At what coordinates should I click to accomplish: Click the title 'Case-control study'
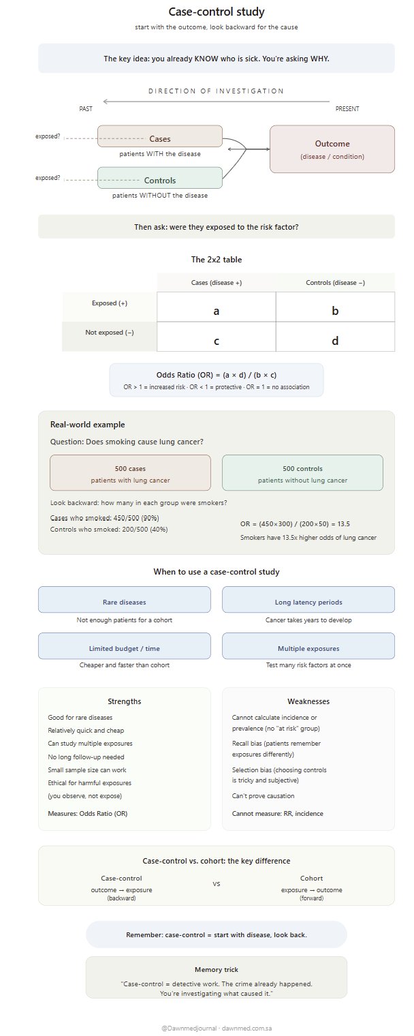[x=216, y=12]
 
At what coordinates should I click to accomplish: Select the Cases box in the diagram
[x=160, y=136]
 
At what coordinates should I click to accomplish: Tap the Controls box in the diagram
[x=160, y=179]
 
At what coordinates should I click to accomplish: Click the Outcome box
[x=332, y=149]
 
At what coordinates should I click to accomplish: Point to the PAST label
[x=86, y=109]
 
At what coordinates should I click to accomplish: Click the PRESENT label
[x=347, y=109]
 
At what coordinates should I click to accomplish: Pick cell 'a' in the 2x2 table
[x=217, y=311]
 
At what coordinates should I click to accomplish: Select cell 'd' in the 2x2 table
[x=335, y=340]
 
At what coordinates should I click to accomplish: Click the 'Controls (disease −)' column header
[x=335, y=282]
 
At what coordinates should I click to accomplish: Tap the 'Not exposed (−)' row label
[x=110, y=333]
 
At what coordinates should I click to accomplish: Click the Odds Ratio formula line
[x=217, y=375]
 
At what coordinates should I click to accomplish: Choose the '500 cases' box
[x=130, y=473]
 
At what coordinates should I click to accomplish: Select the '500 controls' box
[x=302, y=473]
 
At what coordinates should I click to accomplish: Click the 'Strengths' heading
[x=125, y=701]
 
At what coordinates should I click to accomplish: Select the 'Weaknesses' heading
[x=308, y=701]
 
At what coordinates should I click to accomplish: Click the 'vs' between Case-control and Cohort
[x=217, y=884]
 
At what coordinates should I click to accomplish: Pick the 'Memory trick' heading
[x=216, y=969]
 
